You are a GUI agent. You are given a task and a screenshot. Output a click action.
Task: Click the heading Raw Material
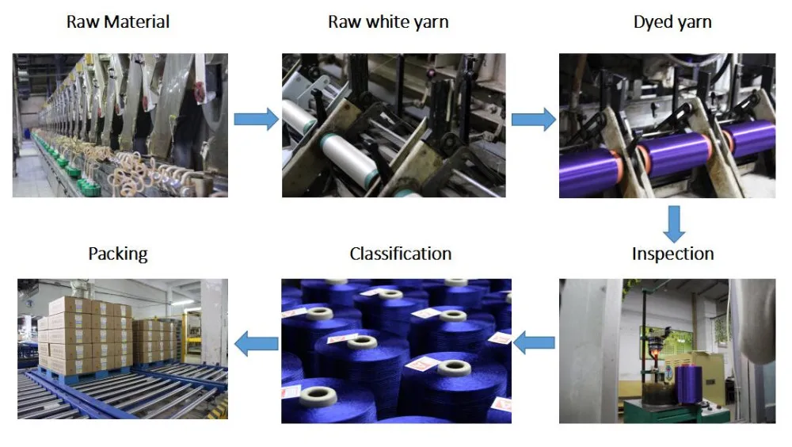click(118, 21)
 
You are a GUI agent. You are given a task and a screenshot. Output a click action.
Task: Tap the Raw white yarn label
click(388, 22)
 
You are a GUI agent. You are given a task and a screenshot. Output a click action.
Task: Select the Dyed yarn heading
click(672, 22)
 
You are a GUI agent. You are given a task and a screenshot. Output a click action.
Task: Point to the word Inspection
click(672, 254)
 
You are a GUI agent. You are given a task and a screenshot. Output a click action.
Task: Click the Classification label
click(401, 254)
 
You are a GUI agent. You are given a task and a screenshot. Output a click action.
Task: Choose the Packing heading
click(118, 254)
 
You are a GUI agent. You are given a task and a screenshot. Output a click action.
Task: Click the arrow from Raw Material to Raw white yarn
click(256, 120)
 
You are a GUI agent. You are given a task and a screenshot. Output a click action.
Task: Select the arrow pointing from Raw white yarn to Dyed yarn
click(533, 120)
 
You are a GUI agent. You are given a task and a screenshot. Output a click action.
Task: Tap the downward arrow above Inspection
click(674, 224)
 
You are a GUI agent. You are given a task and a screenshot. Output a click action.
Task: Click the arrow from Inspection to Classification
click(534, 343)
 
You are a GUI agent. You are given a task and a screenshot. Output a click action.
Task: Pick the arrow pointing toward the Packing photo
click(257, 343)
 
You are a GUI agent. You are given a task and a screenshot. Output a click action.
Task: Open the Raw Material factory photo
click(120, 125)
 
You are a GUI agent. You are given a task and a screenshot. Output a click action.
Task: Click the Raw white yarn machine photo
click(394, 125)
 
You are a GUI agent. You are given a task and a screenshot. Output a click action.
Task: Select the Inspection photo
click(667, 351)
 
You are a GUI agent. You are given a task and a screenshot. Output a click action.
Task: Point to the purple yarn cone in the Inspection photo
click(688, 384)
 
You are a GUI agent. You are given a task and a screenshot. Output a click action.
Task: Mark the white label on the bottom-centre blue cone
click(422, 364)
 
